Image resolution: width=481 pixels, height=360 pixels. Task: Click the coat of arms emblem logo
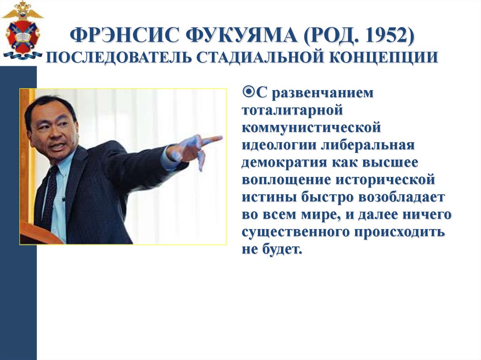pyautogui.click(x=22, y=31)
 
